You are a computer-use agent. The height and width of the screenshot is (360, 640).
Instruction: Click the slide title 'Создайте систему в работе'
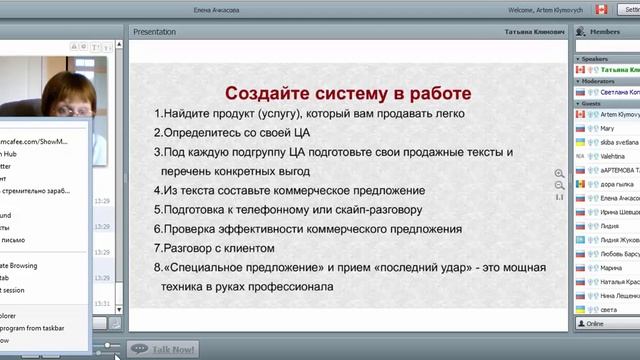point(348,93)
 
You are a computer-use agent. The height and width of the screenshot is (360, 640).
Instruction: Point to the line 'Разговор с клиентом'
point(225,248)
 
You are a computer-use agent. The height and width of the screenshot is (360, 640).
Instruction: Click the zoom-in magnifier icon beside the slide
point(559,174)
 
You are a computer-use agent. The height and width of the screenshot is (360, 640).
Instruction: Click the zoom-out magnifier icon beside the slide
point(559,185)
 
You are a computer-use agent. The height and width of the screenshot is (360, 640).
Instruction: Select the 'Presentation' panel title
point(155,32)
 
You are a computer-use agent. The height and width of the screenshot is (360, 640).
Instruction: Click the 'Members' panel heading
point(604,32)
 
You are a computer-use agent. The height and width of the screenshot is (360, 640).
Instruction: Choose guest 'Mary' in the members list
point(607,129)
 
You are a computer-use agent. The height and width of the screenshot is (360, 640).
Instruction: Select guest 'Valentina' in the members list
point(612,157)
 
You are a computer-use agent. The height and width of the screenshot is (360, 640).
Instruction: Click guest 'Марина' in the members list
point(611,269)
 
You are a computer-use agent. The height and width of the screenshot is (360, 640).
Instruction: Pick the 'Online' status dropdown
point(606,324)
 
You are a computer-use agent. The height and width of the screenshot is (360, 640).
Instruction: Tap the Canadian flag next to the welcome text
point(601,9)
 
